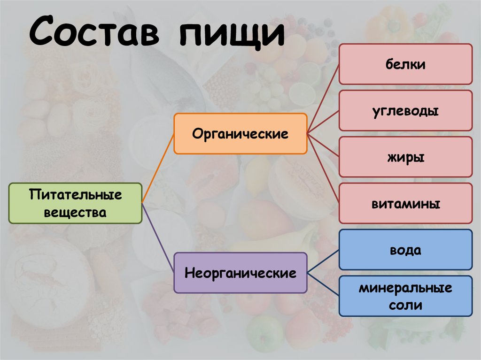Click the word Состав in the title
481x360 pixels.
tap(94, 31)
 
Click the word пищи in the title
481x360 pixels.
tap(232, 33)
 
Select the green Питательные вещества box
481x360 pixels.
tap(76, 203)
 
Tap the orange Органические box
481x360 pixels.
tap(240, 134)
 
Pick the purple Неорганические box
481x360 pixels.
tap(240, 273)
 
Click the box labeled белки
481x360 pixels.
tap(405, 64)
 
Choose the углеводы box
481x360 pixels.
tap(405, 110)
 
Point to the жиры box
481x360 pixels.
tap(405, 157)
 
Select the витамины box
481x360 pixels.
tap(405, 203)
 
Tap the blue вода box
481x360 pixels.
tap(405, 250)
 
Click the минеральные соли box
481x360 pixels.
tap(405, 296)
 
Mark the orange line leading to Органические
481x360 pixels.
tap(158, 168)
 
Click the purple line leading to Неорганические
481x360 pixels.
tap(158, 237)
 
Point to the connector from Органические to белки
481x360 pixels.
tap(323, 99)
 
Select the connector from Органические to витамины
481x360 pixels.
tap(323, 169)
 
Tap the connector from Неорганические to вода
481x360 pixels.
tap(323, 261)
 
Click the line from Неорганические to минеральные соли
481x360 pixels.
tap(323, 284)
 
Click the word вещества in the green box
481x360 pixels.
tap(75, 213)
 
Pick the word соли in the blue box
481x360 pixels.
tap(405, 306)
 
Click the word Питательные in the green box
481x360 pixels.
tap(76, 195)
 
